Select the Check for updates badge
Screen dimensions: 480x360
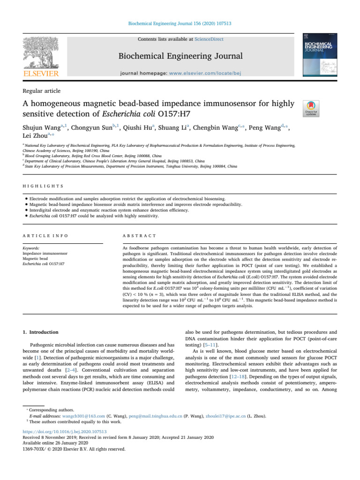coord(312,108)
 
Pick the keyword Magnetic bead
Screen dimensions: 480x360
coord(36,258)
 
